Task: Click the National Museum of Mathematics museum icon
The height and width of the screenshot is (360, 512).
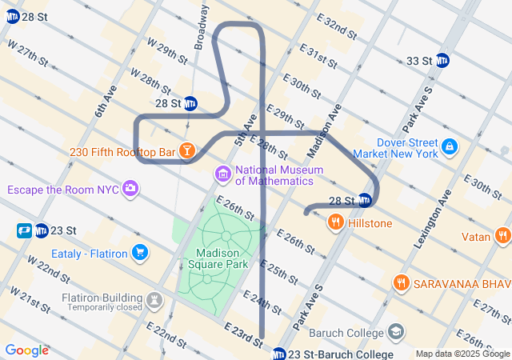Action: (x=222, y=174)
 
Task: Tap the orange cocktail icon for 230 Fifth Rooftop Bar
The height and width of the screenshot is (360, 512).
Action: (x=186, y=150)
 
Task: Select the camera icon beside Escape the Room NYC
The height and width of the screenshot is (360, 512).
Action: (x=130, y=190)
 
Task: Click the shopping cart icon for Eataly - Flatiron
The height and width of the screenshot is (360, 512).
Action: (x=140, y=253)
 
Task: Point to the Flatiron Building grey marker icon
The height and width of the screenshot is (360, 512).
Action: (x=154, y=301)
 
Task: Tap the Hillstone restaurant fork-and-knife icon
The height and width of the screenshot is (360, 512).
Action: (x=335, y=222)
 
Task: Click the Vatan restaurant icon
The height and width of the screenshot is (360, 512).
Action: (x=502, y=236)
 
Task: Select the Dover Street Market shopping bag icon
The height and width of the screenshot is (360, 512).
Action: (x=450, y=146)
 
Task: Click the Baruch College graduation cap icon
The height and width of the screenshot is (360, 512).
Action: (x=396, y=331)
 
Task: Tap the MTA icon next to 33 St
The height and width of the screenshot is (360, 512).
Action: (x=442, y=61)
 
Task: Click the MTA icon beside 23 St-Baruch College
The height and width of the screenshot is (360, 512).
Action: (x=279, y=354)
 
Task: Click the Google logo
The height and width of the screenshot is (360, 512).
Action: (x=26, y=350)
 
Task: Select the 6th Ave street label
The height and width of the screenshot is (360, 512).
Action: (x=106, y=101)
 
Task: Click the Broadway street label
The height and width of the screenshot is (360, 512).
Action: (x=201, y=24)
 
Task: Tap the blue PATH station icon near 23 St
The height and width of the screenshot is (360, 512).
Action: (x=23, y=230)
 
